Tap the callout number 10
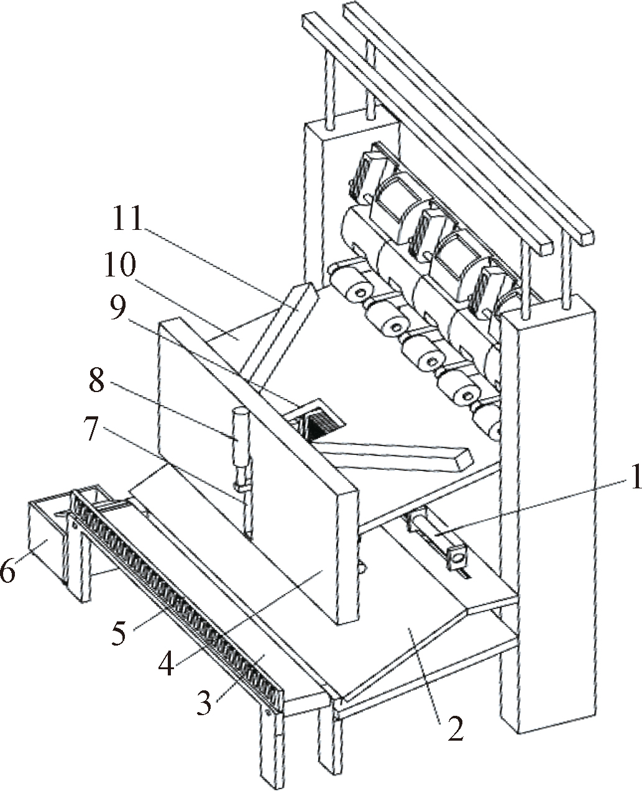(x=121, y=265)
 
